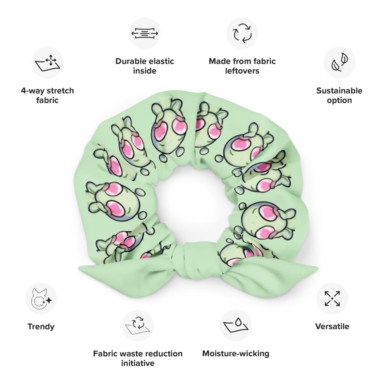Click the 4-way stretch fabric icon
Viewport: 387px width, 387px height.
pos(48,63)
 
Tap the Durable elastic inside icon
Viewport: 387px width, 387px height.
pos(145,33)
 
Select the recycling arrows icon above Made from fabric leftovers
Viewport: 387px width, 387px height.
pos(242,33)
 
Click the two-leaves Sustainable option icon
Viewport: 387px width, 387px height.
pos(339,63)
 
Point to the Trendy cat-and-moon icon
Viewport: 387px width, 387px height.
pos(41,299)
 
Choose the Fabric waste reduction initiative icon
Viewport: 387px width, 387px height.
pos(138,326)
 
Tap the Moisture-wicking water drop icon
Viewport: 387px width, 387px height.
pos(236,326)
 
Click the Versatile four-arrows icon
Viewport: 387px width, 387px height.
pos(332,299)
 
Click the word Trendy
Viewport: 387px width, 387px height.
pos(41,327)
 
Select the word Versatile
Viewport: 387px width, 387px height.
pos(332,327)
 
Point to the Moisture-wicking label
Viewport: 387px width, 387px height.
pos(236,353)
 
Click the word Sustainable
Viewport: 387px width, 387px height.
pos(339,91)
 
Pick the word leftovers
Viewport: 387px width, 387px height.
pos(242,71)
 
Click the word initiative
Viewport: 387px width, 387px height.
pos(138,363)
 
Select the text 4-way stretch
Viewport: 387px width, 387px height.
pos(47,91)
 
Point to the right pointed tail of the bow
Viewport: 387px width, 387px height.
pos(302,271)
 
